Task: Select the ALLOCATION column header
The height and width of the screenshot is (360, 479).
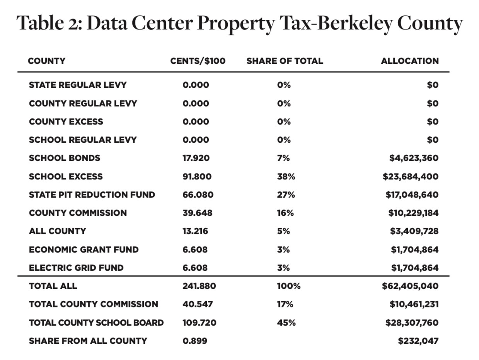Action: tap(410, 61)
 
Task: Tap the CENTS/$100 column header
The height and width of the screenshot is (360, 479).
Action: tap(198, 61)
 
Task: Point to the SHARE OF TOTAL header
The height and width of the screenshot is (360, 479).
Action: tap(285, 61)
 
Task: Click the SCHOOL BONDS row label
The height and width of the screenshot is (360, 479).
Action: tap(65, 158)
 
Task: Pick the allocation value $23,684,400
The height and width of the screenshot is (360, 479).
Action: tap(411, 176)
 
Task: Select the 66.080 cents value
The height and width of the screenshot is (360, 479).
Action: tap(198, 195)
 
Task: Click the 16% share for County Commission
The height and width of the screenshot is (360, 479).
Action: tap(285, 213)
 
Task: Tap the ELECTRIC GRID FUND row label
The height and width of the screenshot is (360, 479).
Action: tap(76, 268)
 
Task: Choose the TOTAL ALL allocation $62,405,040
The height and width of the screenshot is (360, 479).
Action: tap(410, 286)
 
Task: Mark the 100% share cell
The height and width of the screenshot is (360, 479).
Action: tap(289, 286)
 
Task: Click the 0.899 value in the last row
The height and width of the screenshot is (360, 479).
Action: tap(195, 341)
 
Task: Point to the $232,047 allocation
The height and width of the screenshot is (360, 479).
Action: tap(418, 341)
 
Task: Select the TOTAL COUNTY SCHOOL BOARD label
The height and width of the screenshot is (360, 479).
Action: tap(96, 323)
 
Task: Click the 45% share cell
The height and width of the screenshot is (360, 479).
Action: tap(286, 323)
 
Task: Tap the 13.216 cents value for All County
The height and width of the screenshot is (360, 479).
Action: tap(195, 231)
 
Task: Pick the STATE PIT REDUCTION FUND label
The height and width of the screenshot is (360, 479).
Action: tap(92, 195)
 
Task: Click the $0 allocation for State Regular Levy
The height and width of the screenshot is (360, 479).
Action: tap(433, 85)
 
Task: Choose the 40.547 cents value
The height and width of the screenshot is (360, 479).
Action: tap(198, 304)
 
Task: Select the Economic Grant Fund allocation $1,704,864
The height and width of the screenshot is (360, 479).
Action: tap(414, 249)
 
